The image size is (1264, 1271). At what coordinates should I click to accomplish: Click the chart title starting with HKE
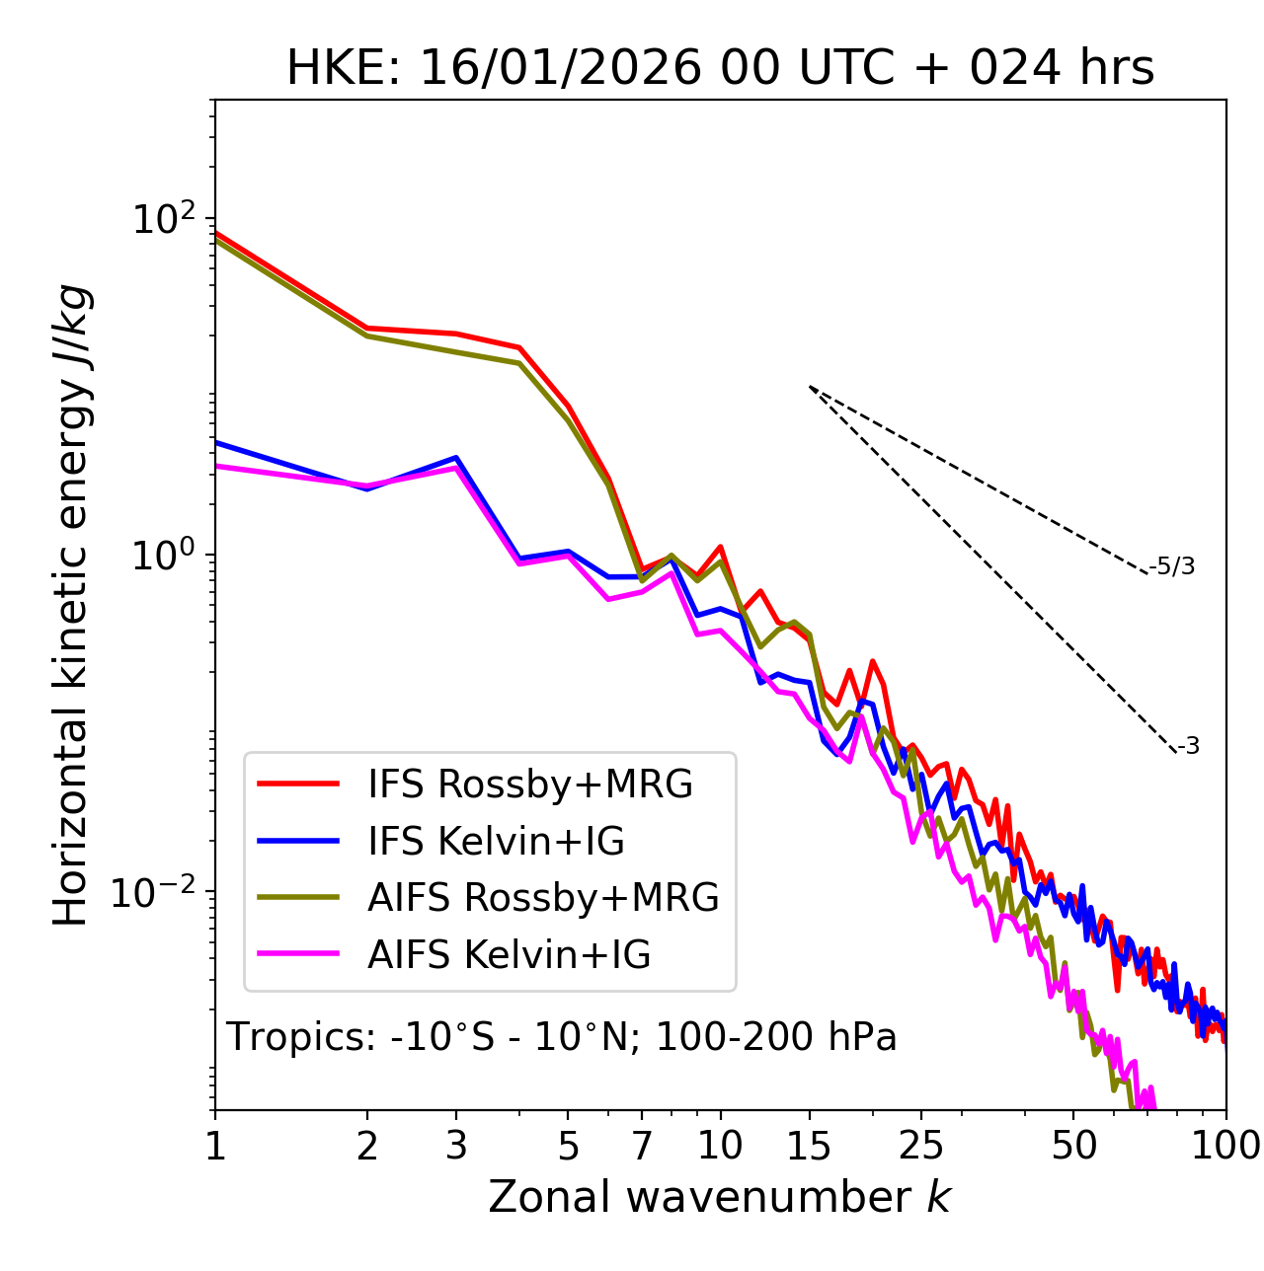(x=720, y=69)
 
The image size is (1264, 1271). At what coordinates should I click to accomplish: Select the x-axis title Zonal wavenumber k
(x=719, y=1197)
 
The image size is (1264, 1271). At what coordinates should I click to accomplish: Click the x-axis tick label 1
(x=215, y=1146)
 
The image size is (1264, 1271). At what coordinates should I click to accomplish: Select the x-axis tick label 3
(x=456, y=1146)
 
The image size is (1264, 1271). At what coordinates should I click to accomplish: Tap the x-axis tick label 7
(x=642, y=1146)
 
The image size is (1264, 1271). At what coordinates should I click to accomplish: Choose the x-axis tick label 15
(x=809, y=1146)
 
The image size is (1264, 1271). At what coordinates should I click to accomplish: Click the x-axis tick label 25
(x=921, y=1146)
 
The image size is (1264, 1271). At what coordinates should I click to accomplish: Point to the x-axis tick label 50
(x=1073, y=1146)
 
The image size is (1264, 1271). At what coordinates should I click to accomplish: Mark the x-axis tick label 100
(x=1225, y=1146)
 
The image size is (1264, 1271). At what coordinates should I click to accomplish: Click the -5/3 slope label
(x=1172, y=566)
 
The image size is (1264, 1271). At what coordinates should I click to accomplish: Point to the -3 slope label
(x=1188, y=746)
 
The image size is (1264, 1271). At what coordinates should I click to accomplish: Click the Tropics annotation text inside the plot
(x=561, y=1037)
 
